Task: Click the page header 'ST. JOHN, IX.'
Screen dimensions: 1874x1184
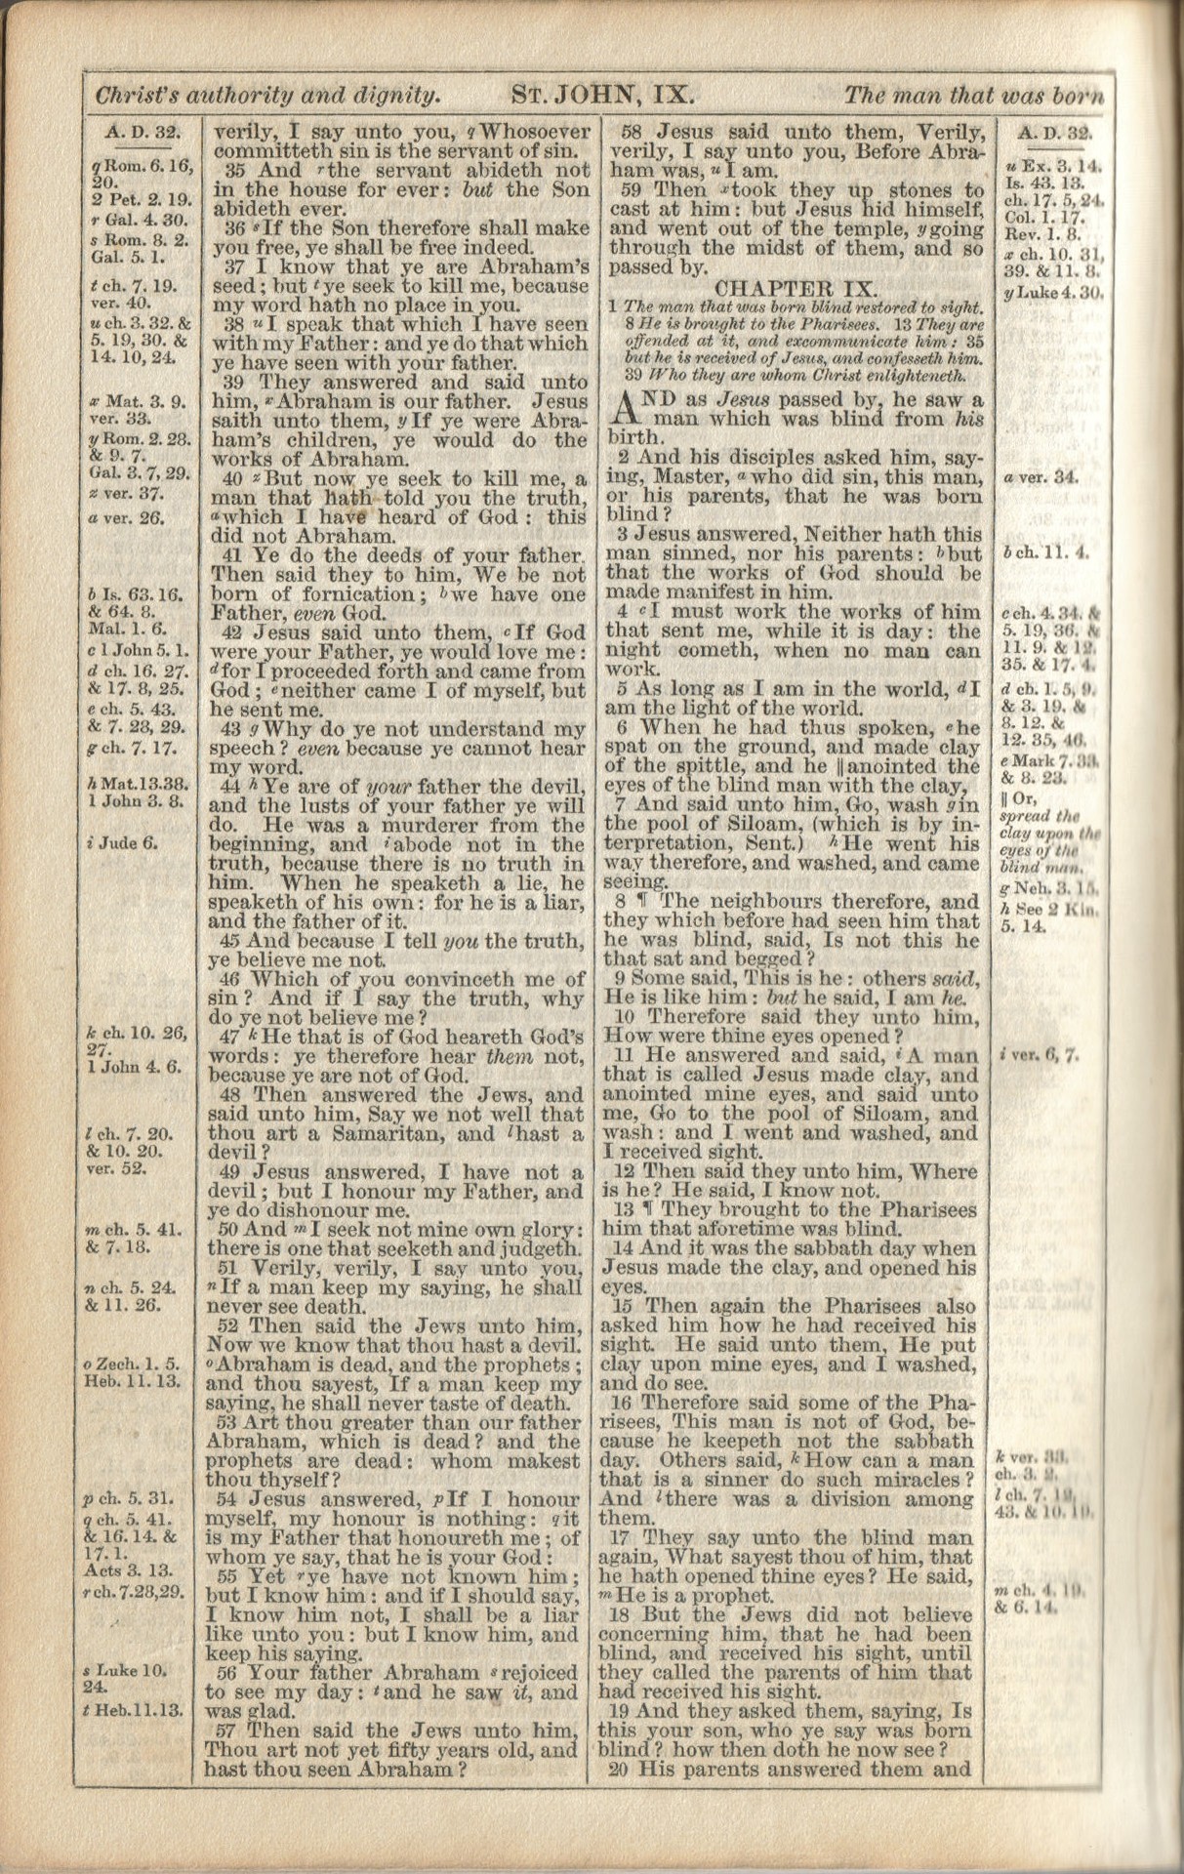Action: click(602, 96)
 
